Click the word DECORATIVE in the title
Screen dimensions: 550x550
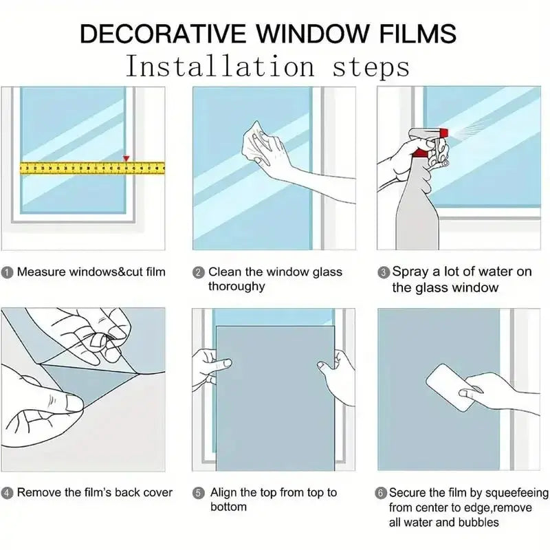[x=163, y=34]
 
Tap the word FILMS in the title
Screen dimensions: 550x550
[x=418, y=34]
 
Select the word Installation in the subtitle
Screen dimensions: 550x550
[x=220, y=66]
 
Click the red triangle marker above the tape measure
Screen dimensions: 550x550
[x=126, y=159]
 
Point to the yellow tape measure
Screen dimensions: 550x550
[x=92, y=168]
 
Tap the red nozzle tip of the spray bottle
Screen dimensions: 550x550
[x=443, y=133]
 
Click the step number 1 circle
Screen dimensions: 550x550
[x=7, y=272]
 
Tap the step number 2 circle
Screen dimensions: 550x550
[x=199, y=272]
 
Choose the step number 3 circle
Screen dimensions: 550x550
[x=384, y=272]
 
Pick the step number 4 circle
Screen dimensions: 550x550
[x=7, y=493]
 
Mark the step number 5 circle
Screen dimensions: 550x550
[x=199, y=493]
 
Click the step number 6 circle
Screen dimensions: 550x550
[x=381, y=493]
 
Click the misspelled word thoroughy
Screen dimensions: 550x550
[x=236, y=287]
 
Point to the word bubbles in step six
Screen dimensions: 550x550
[x=478, y=522]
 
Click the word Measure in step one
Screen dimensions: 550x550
[x=41, y=272]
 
